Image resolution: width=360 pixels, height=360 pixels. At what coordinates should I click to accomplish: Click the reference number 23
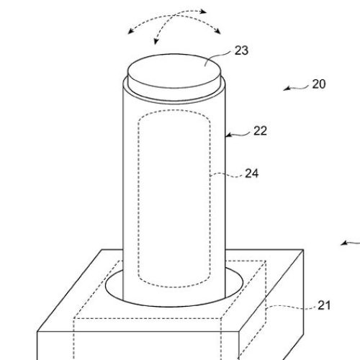[x=241, y=50]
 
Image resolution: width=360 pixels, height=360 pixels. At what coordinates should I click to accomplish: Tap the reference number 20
[x=319, y=84]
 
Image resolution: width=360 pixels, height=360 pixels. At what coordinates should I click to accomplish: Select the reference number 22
[x=260, y=131]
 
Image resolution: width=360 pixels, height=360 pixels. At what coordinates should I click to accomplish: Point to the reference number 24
[x=252, y=174]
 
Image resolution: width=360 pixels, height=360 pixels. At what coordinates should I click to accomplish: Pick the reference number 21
[x=324, y=305]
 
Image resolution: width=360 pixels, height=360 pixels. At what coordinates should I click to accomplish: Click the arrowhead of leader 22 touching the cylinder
[x=228, y=135]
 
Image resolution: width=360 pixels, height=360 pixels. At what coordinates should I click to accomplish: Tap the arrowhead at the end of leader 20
[x=286, y=89]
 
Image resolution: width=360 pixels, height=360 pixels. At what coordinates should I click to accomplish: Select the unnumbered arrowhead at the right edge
[x=344, y=243]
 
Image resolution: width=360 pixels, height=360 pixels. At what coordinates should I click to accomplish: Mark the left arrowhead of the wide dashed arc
[x=130, y=32]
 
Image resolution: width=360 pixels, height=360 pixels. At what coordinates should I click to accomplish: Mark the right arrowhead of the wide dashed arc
[x=217, y=32]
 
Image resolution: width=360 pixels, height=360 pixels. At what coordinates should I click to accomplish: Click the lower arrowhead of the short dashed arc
[x=156, y=42]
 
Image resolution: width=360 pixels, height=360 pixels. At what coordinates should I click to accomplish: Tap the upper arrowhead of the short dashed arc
[x=204, y=12]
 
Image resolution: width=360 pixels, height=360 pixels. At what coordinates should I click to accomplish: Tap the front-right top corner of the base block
[x=239, y=332]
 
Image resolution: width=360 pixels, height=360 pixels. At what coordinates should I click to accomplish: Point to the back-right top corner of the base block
[x=303, y=250]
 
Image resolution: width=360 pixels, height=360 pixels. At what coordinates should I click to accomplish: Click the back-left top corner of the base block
[x=102, y=250]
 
